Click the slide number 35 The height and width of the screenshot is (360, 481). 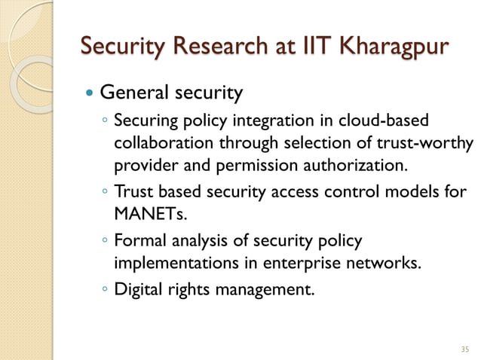point(464,349)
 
